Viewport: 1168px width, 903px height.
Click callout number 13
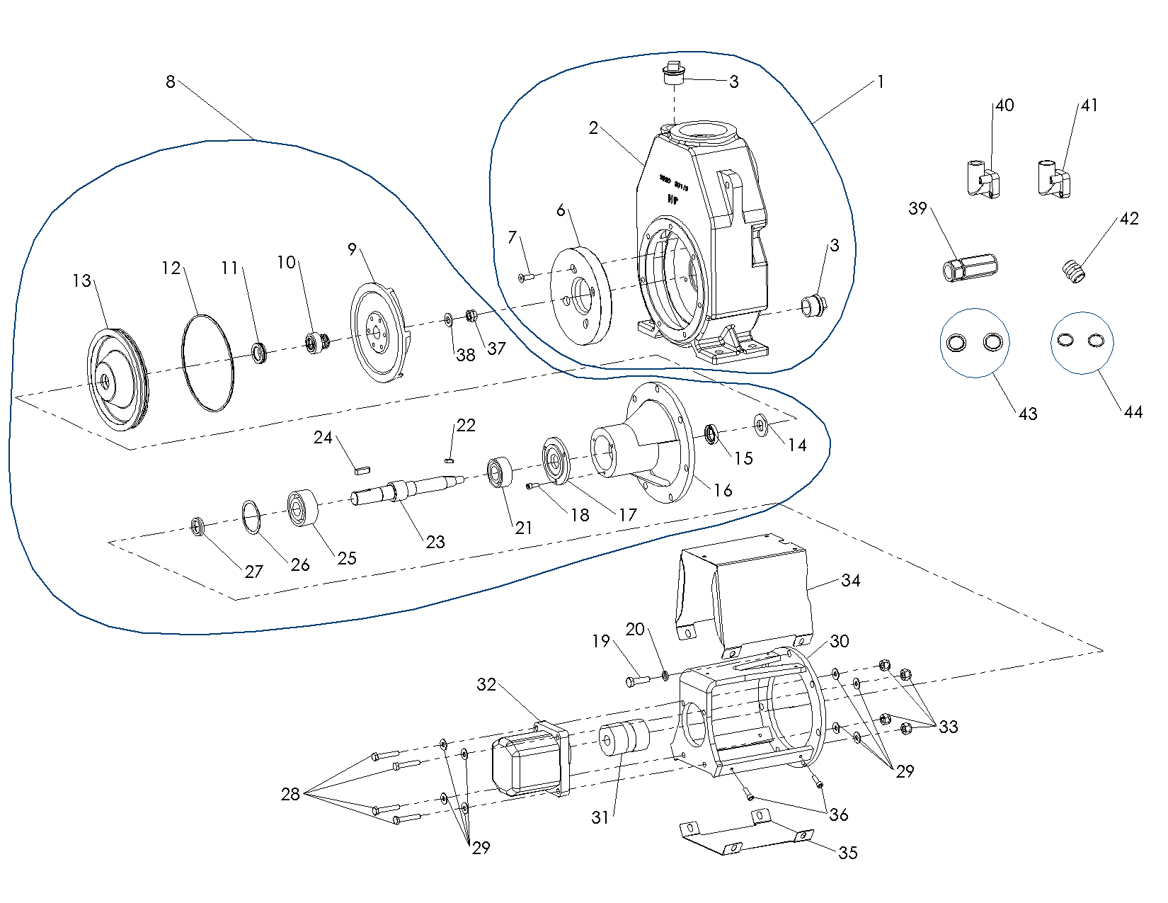tap(82, 281)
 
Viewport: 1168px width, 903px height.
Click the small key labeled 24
tap(362, 468)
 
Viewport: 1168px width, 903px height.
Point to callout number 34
tap(850, 581)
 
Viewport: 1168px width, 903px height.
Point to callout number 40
tap(1004, 106)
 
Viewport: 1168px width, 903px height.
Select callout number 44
tap(1133, 411)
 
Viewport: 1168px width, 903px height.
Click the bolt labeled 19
tap(637, 681)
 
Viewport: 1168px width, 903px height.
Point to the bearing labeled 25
tap(304, 507)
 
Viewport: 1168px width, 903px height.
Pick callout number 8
tap(170, 82)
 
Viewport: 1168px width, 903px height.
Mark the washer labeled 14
tap(760, 426)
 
